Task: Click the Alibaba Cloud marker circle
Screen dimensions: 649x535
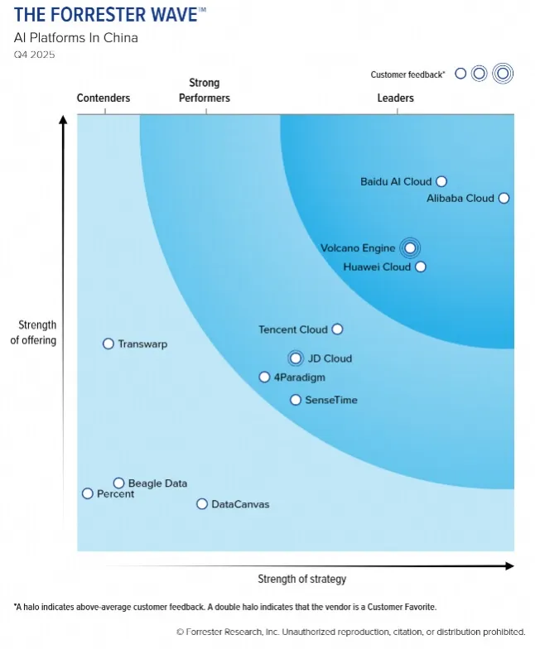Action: tap(504, 199)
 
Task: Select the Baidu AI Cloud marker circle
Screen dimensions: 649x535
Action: tap(441, 181)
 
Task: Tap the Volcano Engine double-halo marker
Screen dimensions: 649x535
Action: tap(408, 248)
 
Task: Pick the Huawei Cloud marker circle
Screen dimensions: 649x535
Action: tap(421, 267)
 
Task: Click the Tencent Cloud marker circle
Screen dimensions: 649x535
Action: tap(337, 329)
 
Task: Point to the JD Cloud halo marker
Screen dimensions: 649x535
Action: tap(296, 358)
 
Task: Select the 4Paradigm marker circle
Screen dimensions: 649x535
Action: tap(265, 377)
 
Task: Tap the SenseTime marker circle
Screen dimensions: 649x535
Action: tap(296, 400)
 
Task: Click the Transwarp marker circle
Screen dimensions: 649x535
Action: tap(108, 344)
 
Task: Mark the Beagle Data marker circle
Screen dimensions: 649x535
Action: tap(119, 483)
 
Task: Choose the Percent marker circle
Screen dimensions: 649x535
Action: tap(88, 493)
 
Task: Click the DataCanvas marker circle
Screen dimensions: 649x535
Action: tap(202, 503)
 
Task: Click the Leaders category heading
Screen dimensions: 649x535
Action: tap(395, 99)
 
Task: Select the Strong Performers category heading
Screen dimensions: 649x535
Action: tap(205, 90)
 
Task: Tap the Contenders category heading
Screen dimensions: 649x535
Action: tap(104, 99)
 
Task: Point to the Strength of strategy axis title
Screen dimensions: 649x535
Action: tap(301, 579)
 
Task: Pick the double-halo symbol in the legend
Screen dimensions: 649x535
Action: tap(502, 74)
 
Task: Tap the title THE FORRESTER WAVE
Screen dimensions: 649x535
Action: tap(105, 15)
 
